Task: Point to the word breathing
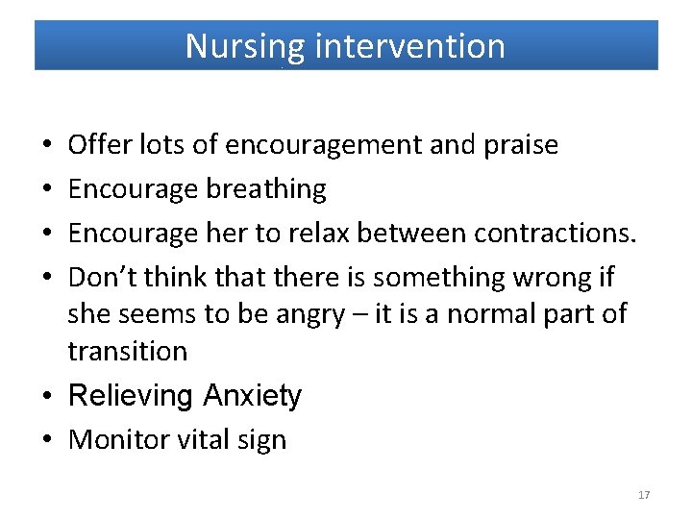(266, 189)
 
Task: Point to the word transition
(128, 351)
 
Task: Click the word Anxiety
(252, 396)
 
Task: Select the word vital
(200, 440)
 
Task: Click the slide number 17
(643, 495)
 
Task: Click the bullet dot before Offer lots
(48, 146)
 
